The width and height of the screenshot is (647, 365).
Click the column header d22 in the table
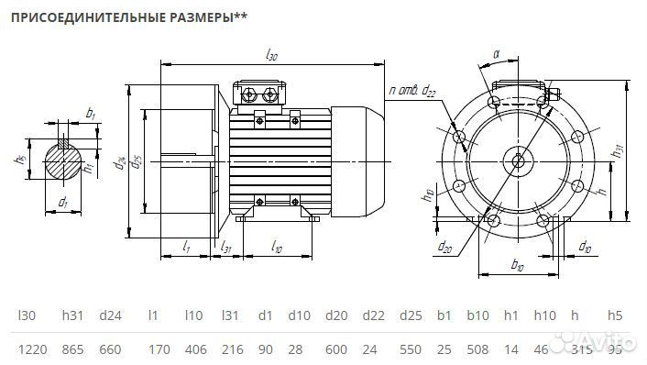coord(373,315)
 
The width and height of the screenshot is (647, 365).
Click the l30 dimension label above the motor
coord(271,56)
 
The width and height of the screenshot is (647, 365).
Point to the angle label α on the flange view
coord(496,54)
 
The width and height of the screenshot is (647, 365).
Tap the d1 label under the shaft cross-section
coord(62,201)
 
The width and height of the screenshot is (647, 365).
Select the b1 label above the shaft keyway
coord(90,113)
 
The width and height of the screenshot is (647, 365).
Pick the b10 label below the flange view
coord(516,266)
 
